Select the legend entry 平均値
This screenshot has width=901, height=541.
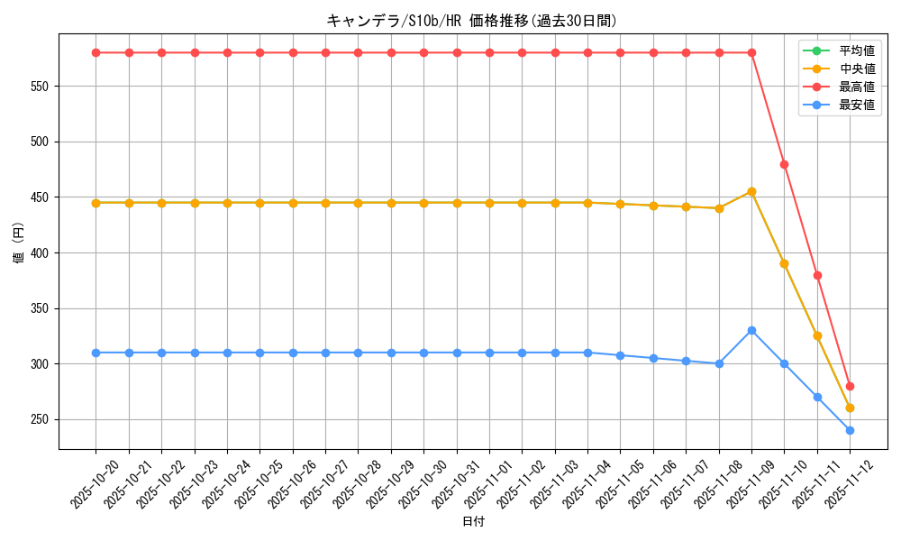857,50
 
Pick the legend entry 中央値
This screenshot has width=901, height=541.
857,69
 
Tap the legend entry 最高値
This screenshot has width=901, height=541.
857,87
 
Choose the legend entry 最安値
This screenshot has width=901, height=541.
857,105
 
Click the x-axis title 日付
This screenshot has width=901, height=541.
473,522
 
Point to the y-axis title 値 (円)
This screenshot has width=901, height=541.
19,243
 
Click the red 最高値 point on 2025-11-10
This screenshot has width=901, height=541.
784,164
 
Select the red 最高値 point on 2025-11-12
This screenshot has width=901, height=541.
850,386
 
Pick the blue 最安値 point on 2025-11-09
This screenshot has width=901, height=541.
751,330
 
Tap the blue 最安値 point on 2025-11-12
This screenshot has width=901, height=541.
850,430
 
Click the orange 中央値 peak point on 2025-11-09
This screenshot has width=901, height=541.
751,191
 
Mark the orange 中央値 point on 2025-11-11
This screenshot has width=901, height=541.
817,335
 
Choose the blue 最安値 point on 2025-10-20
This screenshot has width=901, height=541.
96,353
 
